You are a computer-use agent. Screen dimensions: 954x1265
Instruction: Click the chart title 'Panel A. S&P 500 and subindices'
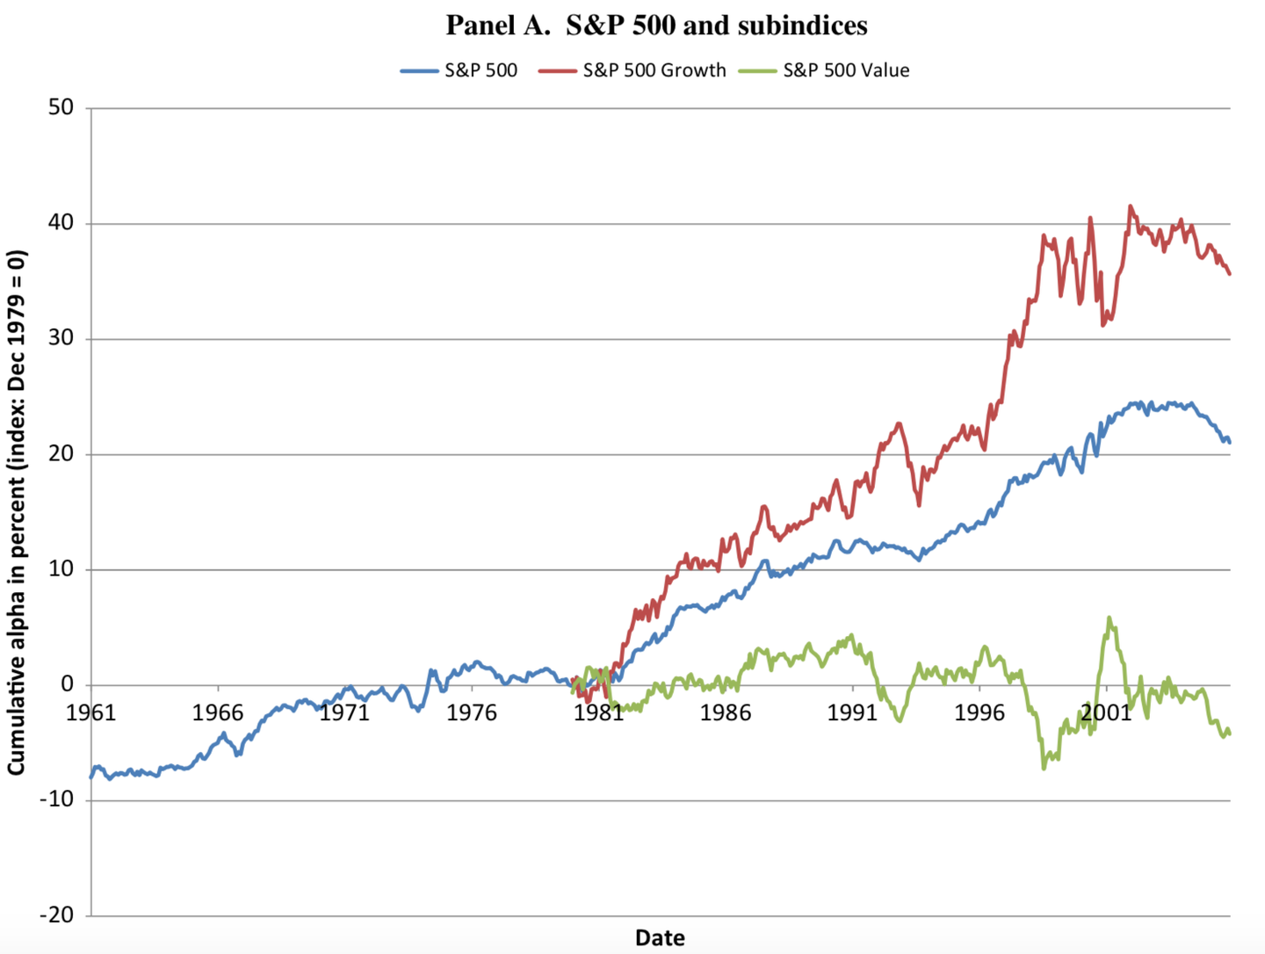tap(656, 25)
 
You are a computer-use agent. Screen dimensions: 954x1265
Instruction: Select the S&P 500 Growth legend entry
tap(654, 70)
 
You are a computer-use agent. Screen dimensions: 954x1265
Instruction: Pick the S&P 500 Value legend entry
tap(846, 70)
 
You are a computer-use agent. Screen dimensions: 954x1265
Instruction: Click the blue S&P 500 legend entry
tap(481, 70)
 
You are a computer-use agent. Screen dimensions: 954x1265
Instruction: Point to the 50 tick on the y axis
tap(61, 108)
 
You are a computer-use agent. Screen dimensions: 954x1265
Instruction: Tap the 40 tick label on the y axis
tap(61, 223)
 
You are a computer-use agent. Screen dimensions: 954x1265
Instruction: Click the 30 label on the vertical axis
tap(61, 338)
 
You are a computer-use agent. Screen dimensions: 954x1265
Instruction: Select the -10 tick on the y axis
tap(57, 800)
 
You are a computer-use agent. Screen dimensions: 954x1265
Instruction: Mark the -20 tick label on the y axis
tap(57, 915)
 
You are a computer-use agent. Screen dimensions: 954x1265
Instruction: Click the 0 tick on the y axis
tap(68, 685)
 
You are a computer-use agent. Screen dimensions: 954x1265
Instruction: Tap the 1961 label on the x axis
tap(91, 712)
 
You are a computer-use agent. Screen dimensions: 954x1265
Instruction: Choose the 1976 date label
tap(472, 712)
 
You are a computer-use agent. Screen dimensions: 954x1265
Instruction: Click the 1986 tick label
tap(726, 712)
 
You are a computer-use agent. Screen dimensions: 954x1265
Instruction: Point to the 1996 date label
tap(979, 712)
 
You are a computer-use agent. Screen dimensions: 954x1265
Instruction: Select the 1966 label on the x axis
tap(218, 712)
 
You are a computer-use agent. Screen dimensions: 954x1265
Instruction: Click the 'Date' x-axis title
tap(660, 937)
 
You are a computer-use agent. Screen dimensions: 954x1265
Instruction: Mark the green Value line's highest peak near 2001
tap(1110, 618)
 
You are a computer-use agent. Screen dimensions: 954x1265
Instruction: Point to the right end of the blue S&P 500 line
tap(1229, 442)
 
